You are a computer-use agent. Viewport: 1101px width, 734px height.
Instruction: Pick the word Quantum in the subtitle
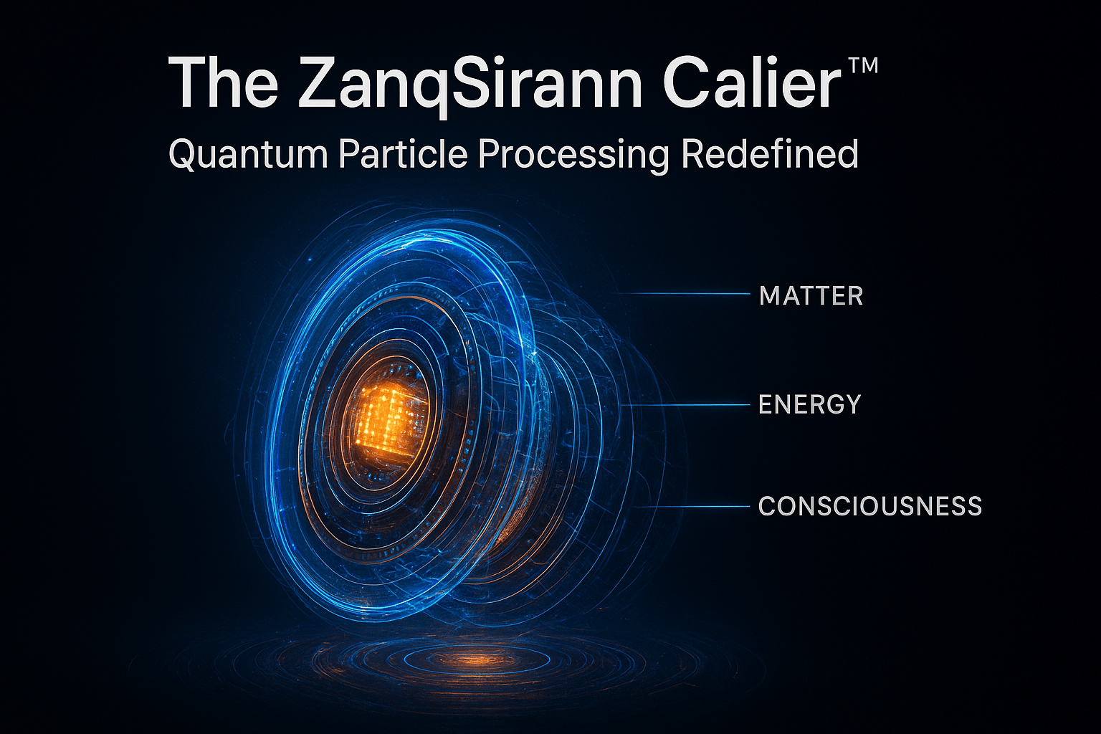pos(248,155)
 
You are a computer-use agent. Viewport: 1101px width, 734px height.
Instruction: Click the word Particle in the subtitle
pos(403,154)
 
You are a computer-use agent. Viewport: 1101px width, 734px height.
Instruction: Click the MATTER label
pos(811,296)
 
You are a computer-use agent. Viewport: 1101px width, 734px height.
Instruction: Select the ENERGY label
pos(809,404)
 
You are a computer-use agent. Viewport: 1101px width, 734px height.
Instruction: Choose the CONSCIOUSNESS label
pos(870,506)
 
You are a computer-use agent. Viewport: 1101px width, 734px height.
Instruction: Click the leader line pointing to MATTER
pos(682,293)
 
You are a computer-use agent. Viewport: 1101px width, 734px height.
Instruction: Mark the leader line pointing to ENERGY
pos(686,405)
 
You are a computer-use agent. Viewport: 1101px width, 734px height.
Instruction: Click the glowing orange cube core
pos(389,421)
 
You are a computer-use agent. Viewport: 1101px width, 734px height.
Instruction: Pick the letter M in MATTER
pos(770,296)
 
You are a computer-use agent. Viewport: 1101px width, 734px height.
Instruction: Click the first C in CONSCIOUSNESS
pos(768,506)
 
